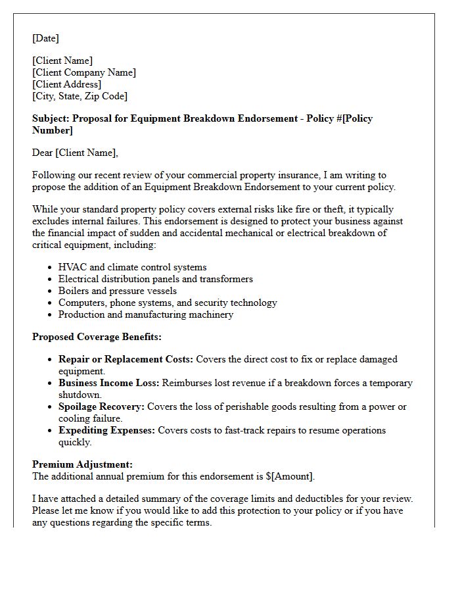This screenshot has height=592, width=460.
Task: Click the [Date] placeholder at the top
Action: point(45,38)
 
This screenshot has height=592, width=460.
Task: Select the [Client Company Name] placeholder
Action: point(84,72)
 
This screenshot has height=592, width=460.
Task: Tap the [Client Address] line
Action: point(66,84)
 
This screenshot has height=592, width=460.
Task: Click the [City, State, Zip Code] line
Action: point(80,96)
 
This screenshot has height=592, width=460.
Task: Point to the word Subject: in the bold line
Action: point(51,118)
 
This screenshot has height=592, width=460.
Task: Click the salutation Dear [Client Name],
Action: point(75,153)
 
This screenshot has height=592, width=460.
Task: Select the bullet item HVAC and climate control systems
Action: point(132,267)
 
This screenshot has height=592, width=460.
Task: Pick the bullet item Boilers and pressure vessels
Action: point(117,291)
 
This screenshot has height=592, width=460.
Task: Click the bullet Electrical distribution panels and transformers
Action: point(155,279)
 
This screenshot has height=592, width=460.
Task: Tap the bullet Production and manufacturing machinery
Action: point(145,314)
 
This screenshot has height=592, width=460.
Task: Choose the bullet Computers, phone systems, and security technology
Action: point(168,303)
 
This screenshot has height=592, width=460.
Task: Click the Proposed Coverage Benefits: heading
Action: point(97,337)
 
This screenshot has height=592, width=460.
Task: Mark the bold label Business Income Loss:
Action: point(108,383)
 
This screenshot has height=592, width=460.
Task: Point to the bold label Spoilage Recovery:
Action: point(101,407)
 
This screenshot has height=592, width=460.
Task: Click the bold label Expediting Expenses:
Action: point(106,430)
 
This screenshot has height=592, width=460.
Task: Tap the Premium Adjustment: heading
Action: point(82,464)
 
